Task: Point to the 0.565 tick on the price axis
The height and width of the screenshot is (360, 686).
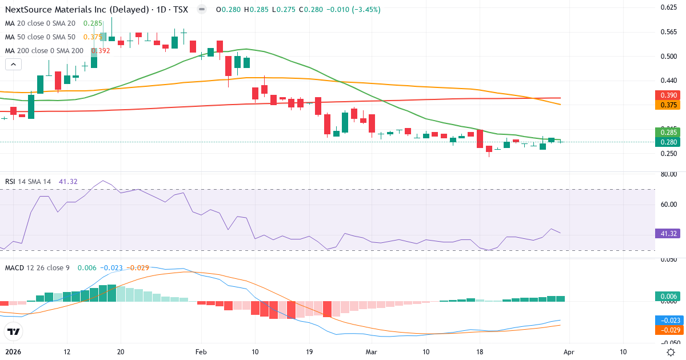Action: (669, 31)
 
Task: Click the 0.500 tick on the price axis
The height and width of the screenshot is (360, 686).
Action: (669, 56)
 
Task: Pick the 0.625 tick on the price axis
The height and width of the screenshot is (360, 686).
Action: (669, 7)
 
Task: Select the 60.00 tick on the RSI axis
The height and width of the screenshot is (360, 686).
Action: (669, 204)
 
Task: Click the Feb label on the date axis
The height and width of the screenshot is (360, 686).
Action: (200, 352)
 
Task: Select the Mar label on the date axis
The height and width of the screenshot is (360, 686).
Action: (372, 352)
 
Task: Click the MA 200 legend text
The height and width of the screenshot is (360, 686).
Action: (44, 51)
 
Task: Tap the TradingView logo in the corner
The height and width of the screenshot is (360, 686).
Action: (14, 332)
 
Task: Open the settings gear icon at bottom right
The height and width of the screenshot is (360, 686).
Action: (672, 352)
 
